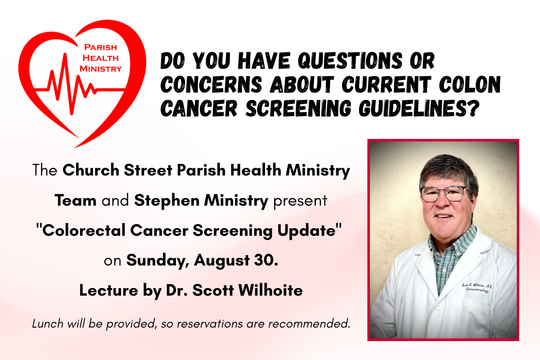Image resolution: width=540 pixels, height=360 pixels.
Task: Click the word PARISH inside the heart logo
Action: tap(100, 47)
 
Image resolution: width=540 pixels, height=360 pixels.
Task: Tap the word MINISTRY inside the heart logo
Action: tap(101, 69)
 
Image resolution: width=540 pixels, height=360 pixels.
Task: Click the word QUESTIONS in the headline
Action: tap(350, 60)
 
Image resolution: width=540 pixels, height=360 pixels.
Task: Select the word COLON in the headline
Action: tap(470, 85)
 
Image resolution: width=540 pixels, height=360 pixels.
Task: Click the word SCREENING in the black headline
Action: tap(298, 108)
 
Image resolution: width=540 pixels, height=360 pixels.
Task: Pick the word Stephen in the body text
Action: tap(166, 201)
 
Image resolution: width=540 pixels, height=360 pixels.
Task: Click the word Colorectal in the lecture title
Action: tap(84, 230)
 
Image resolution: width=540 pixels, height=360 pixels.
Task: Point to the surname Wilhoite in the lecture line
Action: tap(270, 290)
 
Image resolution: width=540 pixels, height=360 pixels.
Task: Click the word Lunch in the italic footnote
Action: tap(48, 324)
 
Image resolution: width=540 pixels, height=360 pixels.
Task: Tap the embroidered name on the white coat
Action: tap(477, 288)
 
